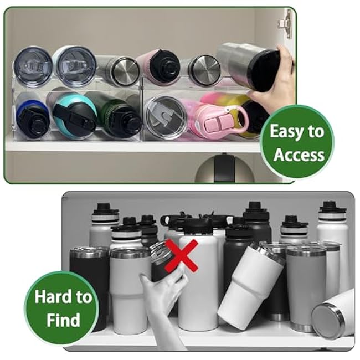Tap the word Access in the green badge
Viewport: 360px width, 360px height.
coord(299,155)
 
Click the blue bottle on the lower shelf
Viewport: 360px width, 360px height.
coord(32,117)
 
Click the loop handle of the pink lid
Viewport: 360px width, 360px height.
coord(239,119)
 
